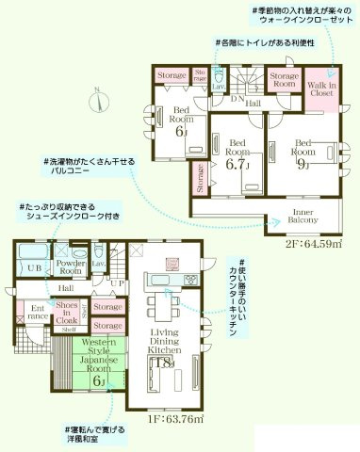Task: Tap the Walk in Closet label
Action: pos(319,89)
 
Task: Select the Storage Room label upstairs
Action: pos(285,80)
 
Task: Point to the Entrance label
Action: pos(38,312)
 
